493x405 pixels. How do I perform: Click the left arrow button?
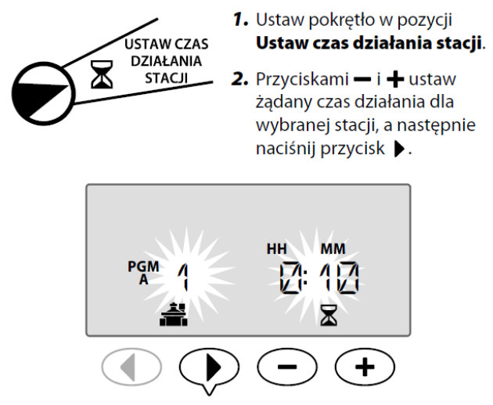[x=131, y=367]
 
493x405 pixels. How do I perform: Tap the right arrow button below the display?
[x=209, y=367]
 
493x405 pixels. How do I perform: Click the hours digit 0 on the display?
[x=291, y=278]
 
